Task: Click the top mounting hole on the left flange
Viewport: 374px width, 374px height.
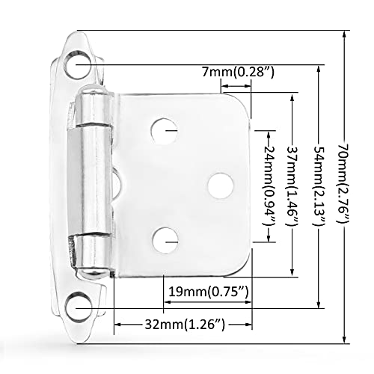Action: coord(78,69)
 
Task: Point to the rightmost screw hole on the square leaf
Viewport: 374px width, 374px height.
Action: coord(219,185)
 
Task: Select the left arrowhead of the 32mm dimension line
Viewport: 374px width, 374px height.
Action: coord(117,324)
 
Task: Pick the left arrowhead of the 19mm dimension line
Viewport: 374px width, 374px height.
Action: coord(167,301)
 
